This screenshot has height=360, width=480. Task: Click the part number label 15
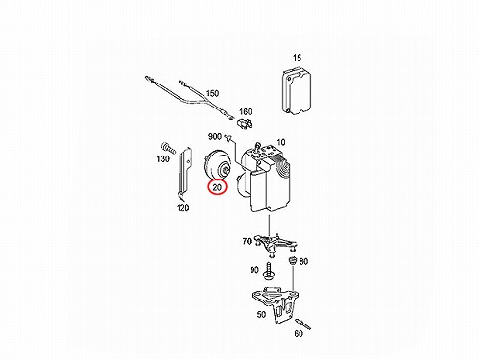click(x=297, y=58)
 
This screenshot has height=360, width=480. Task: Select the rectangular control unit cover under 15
click(x=297, y=90)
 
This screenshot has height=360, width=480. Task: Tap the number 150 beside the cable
click(x=212, y=93)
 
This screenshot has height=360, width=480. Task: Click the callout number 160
click(x=246, y=111)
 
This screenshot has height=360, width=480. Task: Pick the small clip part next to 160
click(x=245, y=123)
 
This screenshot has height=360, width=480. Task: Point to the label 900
click(x=215, y=136)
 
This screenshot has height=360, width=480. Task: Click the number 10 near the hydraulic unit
click(x=280, y=142)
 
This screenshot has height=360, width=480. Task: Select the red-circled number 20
click(x=217, y=187)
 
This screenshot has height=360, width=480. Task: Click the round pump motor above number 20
click(x=218, y=167)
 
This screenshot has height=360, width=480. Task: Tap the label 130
click(x=163, y=158)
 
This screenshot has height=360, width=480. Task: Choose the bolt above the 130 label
click(x=169, y=148)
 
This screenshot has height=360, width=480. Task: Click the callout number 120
click(x=182, y=208)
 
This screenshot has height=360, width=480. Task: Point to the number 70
click(x=247, y=241)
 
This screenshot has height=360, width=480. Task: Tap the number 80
click(x=303, y=261)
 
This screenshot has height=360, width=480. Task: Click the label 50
click(x=261, y=314)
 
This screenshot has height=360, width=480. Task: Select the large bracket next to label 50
click(x=277, y=304)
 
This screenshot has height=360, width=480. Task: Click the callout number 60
click(x=299, y=334)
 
